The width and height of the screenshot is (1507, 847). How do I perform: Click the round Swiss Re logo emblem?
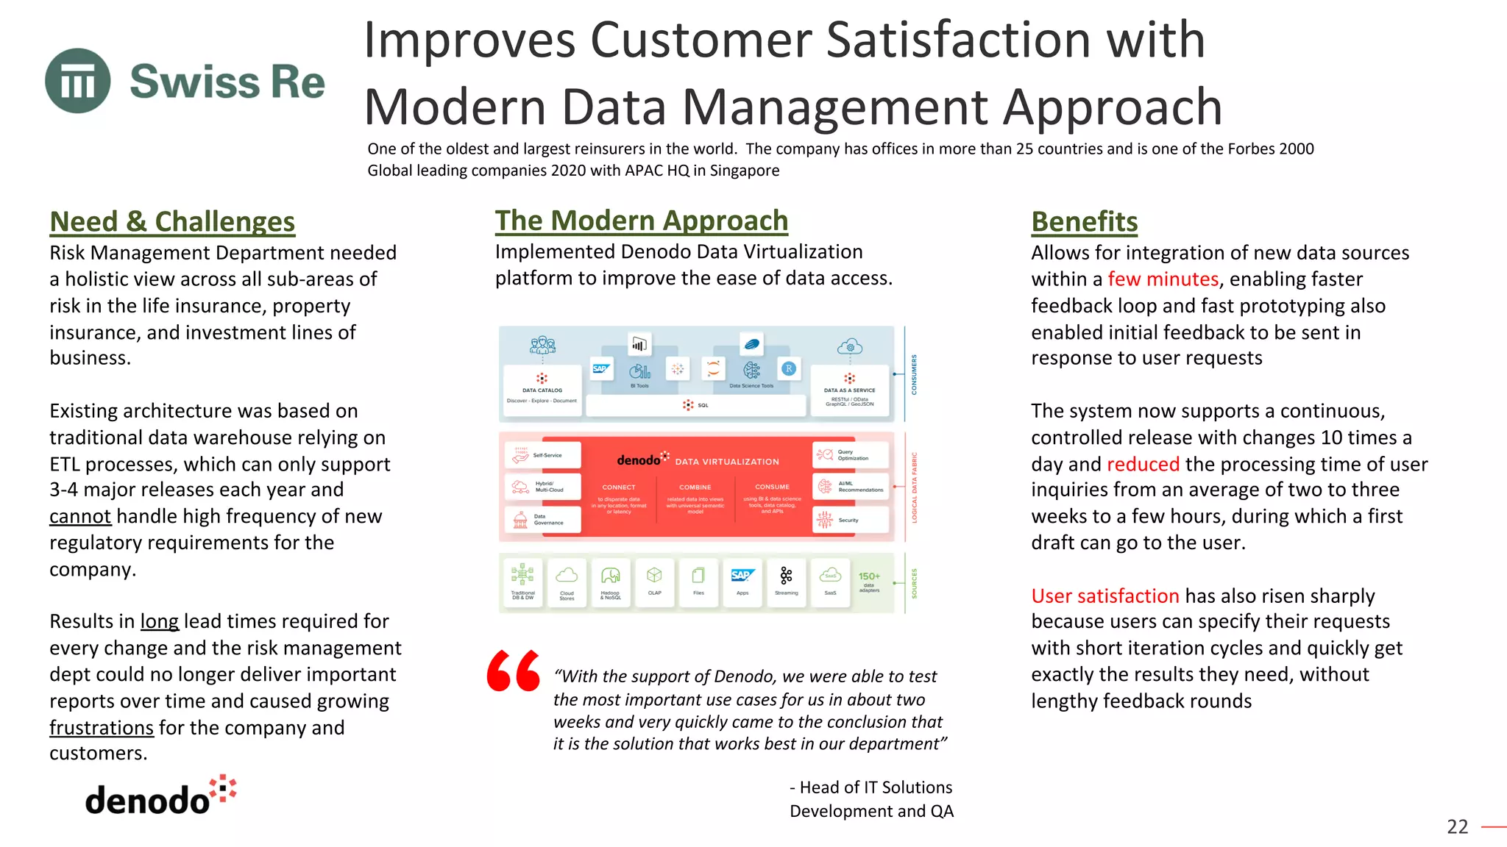tap(78, 81)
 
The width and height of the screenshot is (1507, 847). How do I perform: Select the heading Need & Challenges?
tap(172, 221)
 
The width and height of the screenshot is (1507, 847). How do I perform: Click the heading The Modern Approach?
tap(641, 221)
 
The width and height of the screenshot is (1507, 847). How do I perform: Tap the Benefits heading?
tap(1084, 221)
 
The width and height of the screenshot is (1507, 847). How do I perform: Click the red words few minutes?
tap(1163, 279)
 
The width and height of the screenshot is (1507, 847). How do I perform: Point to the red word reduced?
tap(1143, 464)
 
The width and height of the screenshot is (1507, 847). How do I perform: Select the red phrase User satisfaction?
tap(1105, 596)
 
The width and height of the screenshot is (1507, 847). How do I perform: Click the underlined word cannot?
tap(80, 516)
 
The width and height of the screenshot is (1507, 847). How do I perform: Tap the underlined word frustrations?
tap(102, 728)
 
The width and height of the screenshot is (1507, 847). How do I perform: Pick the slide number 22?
tap(1457, 826)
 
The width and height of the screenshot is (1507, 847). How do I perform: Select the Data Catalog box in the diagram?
tap(542, 390)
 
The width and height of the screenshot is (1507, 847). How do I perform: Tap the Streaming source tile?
tap(786, 581)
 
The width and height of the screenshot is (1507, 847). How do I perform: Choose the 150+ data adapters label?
tap(869, 581)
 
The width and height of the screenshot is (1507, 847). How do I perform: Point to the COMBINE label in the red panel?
tap(695, 487)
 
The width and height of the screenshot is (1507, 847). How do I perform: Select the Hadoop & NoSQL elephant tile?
tap(610, 581)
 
